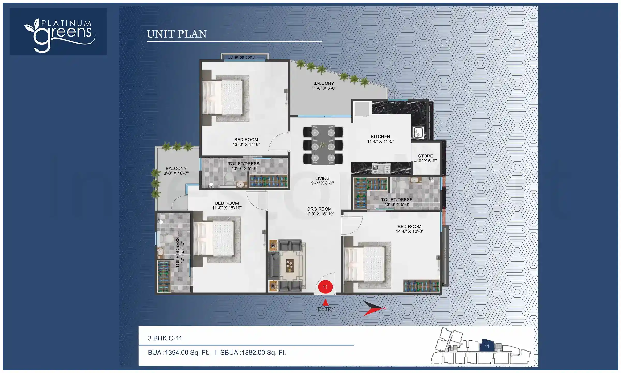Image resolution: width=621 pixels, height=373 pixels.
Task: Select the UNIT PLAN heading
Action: [177, 34]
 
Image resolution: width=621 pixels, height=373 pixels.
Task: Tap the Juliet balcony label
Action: [241, 57]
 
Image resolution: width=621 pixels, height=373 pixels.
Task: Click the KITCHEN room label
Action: [380, 139]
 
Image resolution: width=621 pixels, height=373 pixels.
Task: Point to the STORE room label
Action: [425, 158]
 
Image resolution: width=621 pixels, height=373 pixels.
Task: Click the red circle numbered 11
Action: [325, 287]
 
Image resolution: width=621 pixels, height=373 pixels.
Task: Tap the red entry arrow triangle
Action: [326, 302]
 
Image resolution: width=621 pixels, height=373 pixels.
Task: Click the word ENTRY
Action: [326, 309]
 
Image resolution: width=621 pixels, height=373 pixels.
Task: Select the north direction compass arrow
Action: [374, 308]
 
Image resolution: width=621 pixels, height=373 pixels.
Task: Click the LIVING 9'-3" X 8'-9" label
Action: [322, 181]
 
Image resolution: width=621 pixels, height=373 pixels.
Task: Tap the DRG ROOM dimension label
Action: [319, 211]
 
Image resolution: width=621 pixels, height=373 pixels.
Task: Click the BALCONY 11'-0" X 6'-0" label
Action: [323, 86]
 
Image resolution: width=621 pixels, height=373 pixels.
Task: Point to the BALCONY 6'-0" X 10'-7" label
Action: [176, 171]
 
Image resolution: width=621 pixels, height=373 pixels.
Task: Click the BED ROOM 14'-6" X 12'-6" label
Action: [409, 229]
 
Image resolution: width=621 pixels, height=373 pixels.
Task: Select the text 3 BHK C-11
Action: [165, 338]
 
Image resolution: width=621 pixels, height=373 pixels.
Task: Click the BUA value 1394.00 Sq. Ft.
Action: [179, 353]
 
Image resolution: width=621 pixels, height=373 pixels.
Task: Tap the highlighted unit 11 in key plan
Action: [487, 346]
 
